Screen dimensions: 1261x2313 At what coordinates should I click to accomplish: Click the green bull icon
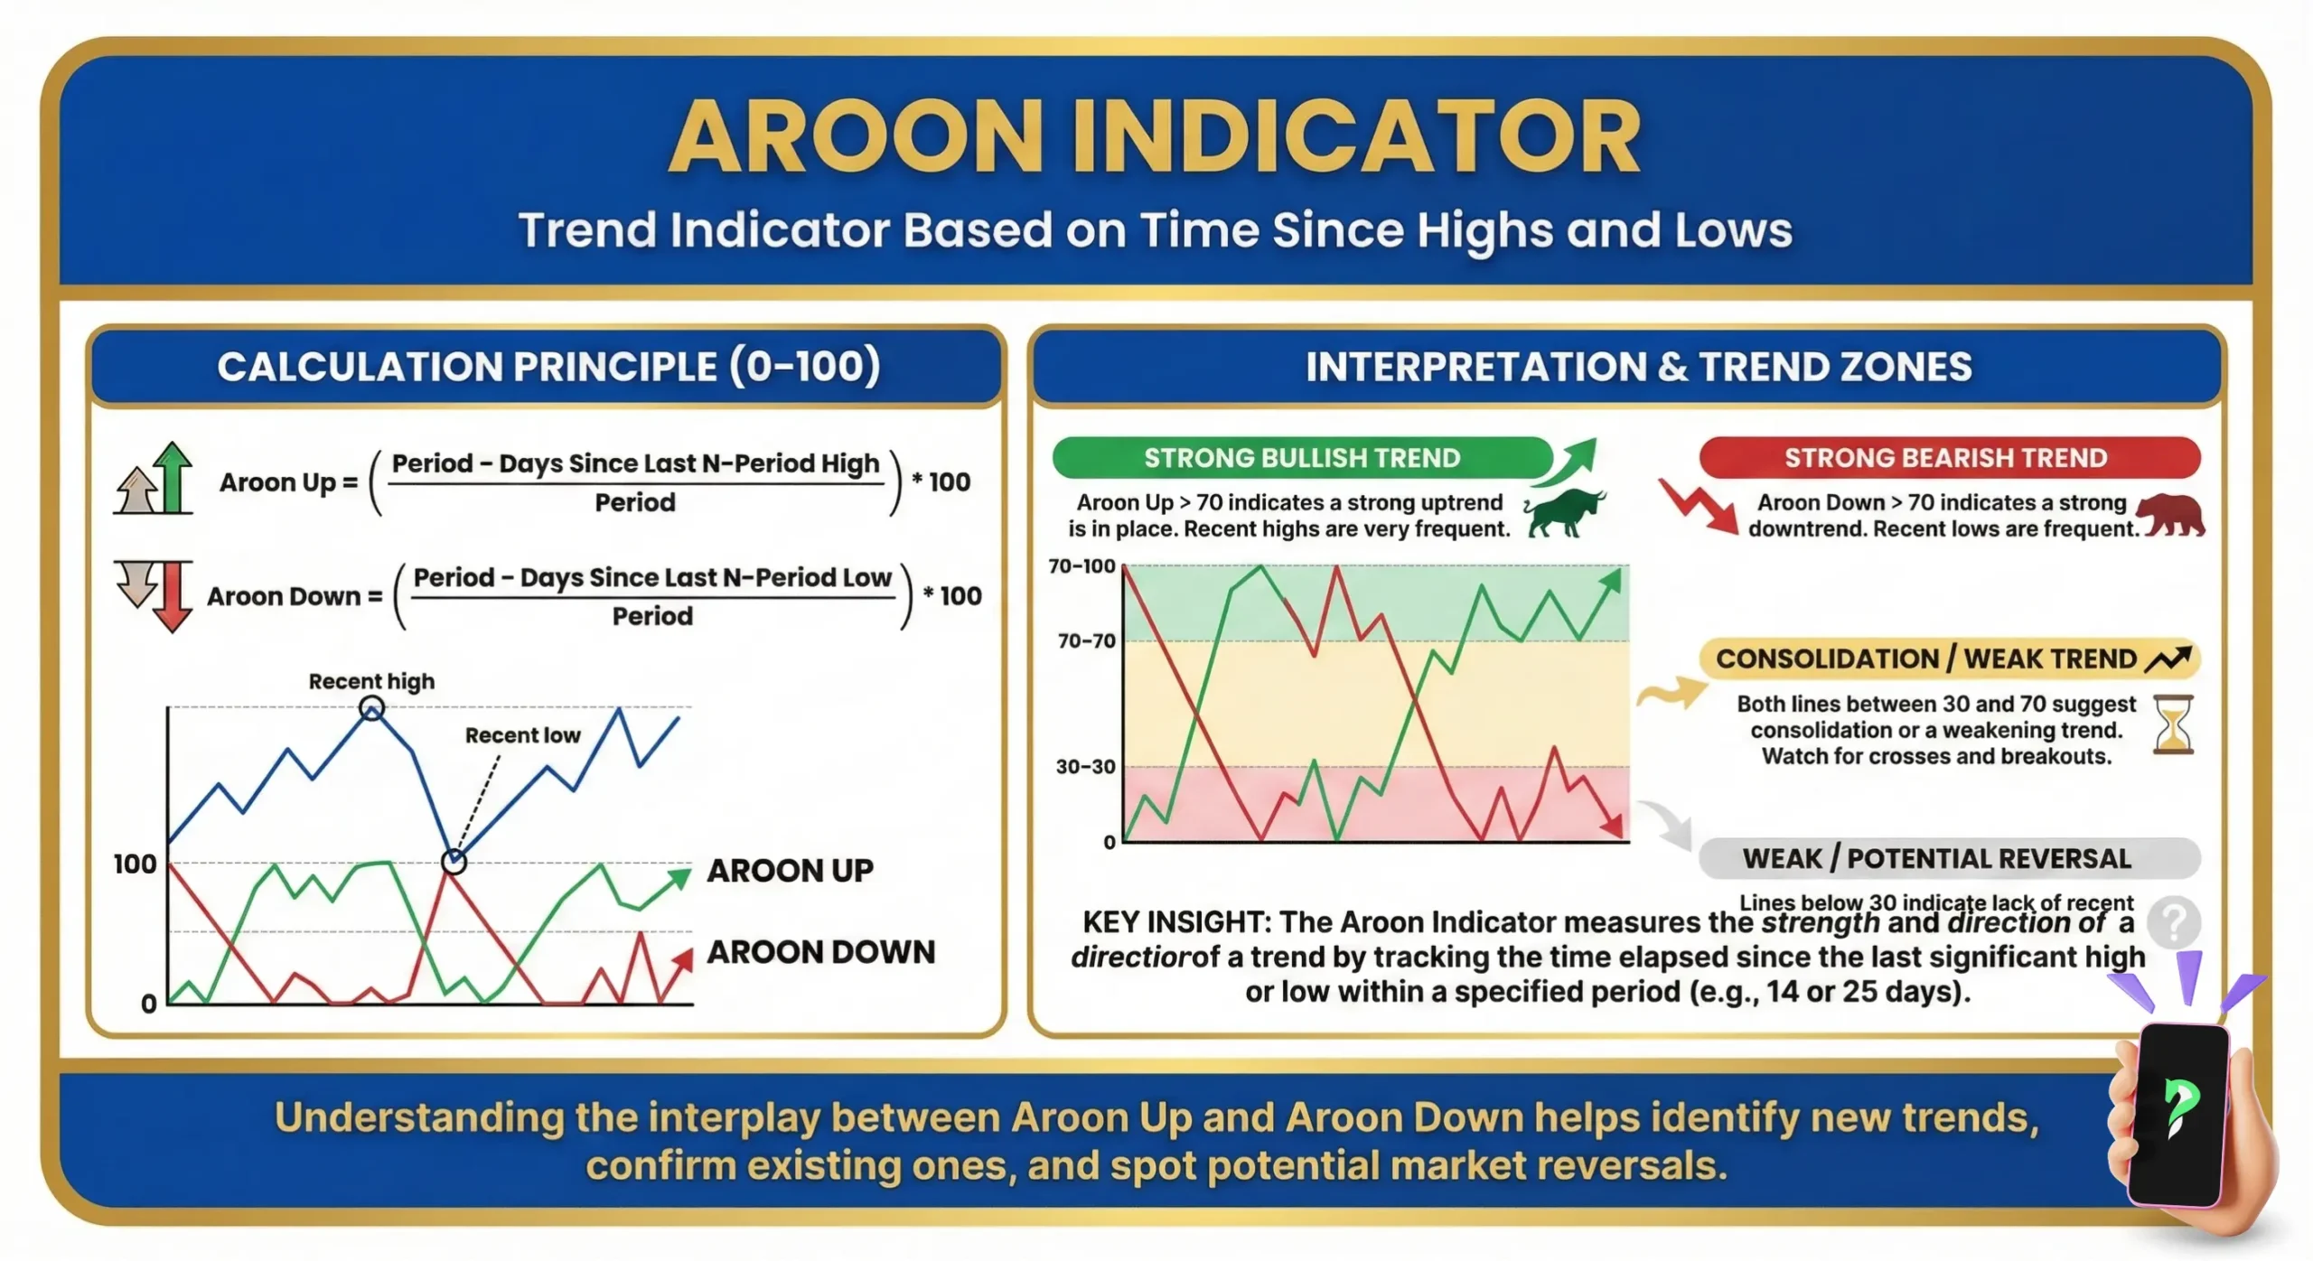(1566, 513)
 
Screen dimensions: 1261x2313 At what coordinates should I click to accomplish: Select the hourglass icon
(2173, 724)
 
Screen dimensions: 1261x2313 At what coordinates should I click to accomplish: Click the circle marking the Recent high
(371, 708)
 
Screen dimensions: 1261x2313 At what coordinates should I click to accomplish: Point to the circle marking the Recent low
(454, 861)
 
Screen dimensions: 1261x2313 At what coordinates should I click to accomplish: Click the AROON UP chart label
(790, 870)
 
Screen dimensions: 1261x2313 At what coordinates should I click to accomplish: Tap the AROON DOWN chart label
(820, 951)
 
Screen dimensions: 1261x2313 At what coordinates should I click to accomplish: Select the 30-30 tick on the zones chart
(1085, 766)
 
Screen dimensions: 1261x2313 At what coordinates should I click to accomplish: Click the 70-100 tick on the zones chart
(1082, 566)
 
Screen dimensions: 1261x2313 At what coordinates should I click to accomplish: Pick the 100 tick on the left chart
(135, 864)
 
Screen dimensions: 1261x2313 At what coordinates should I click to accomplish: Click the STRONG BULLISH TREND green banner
(1301, 458)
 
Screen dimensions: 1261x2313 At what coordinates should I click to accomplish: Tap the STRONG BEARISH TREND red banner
(1948, 458)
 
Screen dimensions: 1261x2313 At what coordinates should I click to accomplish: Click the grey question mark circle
(2174, 921)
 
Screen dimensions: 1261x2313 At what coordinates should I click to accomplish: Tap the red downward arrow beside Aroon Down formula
(172, 596)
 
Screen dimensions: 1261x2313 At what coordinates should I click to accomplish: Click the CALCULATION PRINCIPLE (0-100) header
(548, 367)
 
